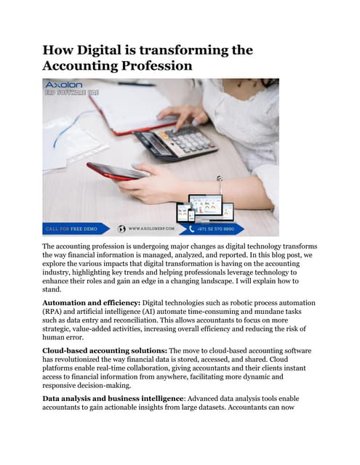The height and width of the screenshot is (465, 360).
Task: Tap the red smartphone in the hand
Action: pos(116,171)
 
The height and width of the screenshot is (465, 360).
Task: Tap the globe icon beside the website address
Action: pos(121,228)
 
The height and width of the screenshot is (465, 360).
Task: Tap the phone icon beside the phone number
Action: pos(193,228)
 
